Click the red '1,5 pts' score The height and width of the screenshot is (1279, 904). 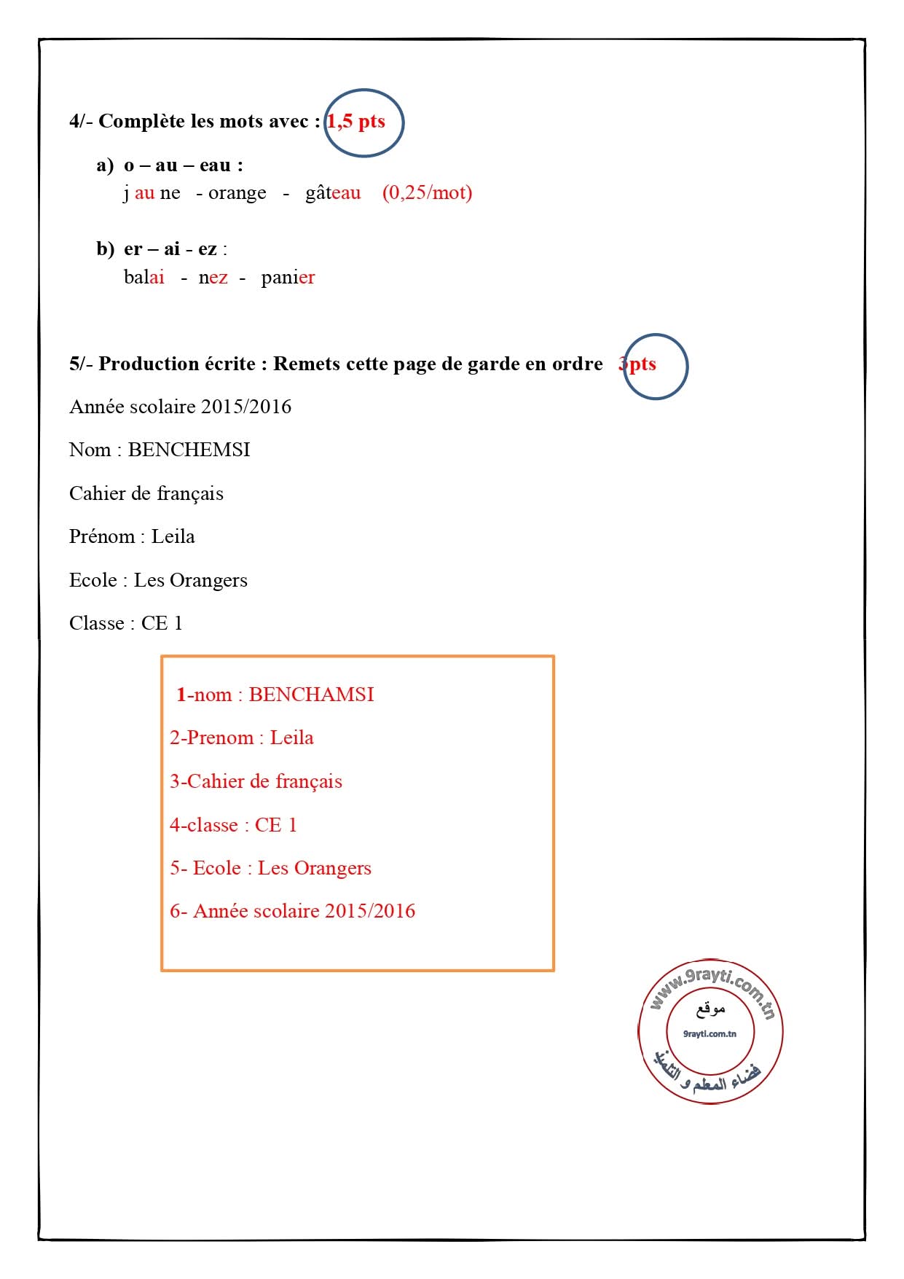[x=356, y=122]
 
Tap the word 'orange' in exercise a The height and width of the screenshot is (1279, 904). [x=237, y=193]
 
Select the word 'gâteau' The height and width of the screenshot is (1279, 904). [x=333, y=193]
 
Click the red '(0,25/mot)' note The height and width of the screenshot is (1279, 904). [x=427, y=193]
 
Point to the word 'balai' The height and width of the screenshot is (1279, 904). [x=144, y=278]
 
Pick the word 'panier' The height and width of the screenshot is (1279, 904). [x=288, y=278]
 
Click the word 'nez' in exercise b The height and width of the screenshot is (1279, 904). [x=213, y=278]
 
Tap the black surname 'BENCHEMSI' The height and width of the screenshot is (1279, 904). [x=189, y=450]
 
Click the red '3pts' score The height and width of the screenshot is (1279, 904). [x=638, y=364]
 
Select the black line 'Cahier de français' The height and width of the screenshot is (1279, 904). [x=146, y=493]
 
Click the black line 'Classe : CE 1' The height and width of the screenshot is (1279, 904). [x=125, y=623]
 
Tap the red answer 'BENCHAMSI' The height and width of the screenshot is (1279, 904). [x=311, y=695]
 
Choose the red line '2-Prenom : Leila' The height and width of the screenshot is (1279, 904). [x=242, y=738]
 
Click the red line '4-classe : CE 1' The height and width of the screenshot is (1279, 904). [x=233, y=825]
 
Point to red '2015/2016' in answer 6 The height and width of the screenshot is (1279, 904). [x=370, y=911]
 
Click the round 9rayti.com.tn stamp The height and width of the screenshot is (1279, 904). [x=710, y=1032]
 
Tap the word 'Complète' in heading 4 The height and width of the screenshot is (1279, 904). [x=141, y=122]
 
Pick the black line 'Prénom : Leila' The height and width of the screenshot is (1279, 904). [x=132, y=536]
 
